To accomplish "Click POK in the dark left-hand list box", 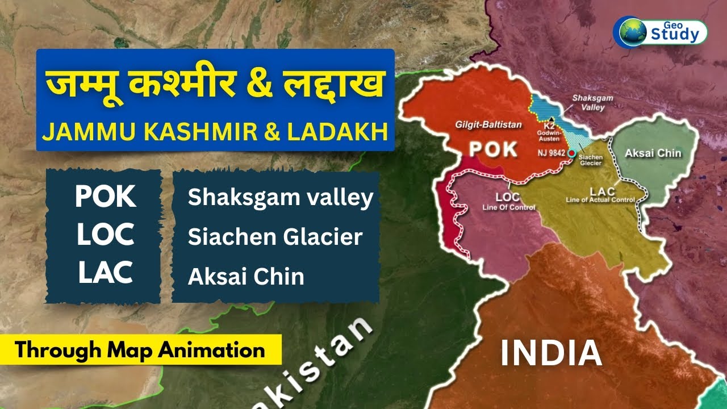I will [106, 197].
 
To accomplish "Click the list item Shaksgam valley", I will [281, 197].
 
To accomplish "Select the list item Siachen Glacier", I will [275, 237].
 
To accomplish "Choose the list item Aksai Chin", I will [246, 277].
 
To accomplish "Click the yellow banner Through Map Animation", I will [140, 349].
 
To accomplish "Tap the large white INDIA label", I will [550, 353].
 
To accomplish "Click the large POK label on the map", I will [492, 149].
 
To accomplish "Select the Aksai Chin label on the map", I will [653, 153].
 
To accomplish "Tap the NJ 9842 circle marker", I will [571, 153].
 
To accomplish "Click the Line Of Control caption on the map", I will [508, 207].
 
